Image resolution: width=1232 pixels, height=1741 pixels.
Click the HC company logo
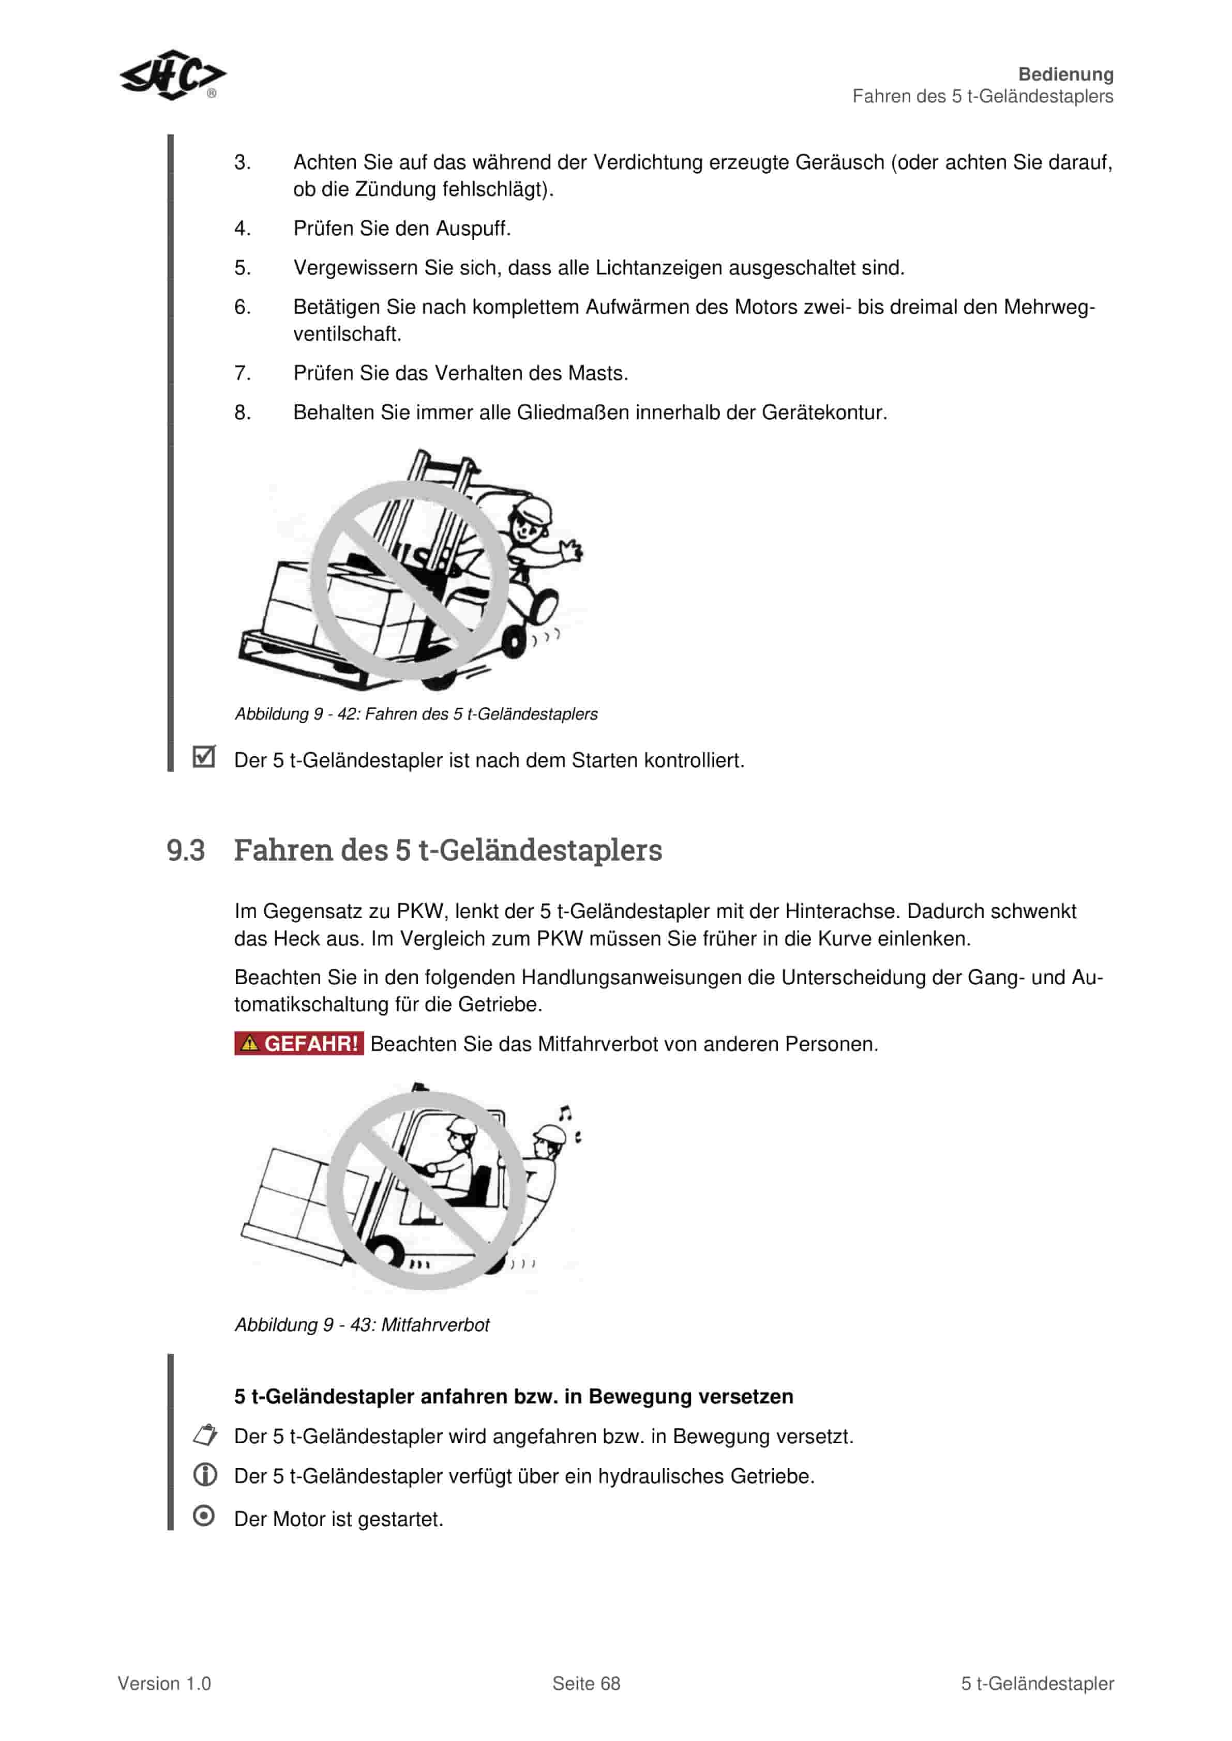point(173,75)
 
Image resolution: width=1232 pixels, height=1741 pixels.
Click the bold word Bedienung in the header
point(1065,74)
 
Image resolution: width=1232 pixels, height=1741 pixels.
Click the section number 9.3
point(186,850)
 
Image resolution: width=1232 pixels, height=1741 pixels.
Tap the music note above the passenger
point(564,1113)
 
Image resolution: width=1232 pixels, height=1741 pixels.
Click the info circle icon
point(205,1475)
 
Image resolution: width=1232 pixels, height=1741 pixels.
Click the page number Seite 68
point(585,1684)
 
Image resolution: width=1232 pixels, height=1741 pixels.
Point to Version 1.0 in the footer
point(164,1684)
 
